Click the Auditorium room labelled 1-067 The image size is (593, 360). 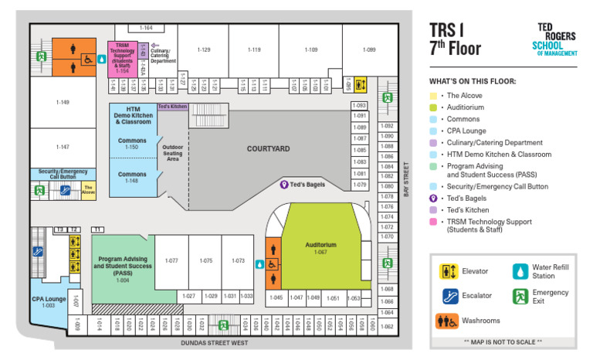click(x=320, y=247)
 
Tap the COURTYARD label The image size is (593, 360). click(x=268, y=148)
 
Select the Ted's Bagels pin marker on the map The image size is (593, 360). click(x=283, y=185)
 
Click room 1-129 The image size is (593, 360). click(x=203, y=50)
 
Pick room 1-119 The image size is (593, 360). click(x=254, y=50)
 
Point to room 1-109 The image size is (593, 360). click(x=310, y=50)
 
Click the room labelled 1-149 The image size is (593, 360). click(x=63, y=102)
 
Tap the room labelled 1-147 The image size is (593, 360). click(x=63, y=147)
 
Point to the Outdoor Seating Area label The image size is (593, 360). click(x=174, y=152)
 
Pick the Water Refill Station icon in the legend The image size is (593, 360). click(x=520, y=271)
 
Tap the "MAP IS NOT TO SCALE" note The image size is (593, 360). click(x=502, y=341)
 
